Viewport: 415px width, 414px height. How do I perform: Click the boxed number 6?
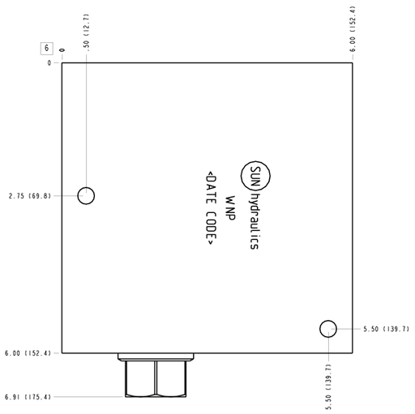click(x=46, y=49)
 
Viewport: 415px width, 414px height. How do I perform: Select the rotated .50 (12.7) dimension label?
click(x=86, y=32)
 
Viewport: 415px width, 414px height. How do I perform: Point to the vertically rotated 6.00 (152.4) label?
click(x=353, y=29)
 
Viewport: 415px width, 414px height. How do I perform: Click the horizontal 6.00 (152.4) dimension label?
click(x=28, y=353)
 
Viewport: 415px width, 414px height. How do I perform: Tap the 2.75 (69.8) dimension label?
click(x=30, y=196)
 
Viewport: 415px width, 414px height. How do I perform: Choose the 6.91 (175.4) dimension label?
click(x=28, y=397)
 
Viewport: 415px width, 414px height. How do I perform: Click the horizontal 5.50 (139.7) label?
click(x=386, y=329)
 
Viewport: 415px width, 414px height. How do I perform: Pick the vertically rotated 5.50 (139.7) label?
click(x=328, y=386)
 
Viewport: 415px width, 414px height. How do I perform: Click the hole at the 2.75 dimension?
click(x=86, y=196)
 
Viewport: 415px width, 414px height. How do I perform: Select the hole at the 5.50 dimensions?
click(x=328, y=329)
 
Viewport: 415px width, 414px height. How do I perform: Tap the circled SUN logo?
click(x=255, y=176)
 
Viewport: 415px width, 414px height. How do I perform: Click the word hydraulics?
click(x=254, y=221)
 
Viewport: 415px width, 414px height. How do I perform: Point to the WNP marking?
click(x=230, y=208)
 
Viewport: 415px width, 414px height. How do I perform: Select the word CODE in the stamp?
click(x=212, y=226)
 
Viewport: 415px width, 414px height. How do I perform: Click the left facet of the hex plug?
click(x=140, y=378)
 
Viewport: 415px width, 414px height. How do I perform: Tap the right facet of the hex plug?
click(x=171, y=378)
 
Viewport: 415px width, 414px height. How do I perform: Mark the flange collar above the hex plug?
click(x=156, y=356)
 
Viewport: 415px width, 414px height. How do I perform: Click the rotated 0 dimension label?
click(x=62, y=50)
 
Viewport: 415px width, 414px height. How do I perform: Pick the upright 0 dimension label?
click(x=49, y=63)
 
